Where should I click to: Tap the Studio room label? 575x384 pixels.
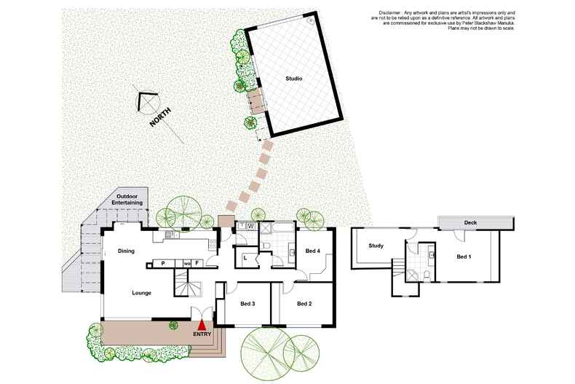point(293,79)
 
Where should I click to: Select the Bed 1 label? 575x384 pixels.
point(464,257)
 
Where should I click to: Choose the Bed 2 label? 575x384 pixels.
point(304,303)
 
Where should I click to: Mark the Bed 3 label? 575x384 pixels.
point(248,303)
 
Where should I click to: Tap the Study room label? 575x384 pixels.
point(376,246)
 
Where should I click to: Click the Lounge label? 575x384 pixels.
point(141,293)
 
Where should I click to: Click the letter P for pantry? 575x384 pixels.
point(163,263)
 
